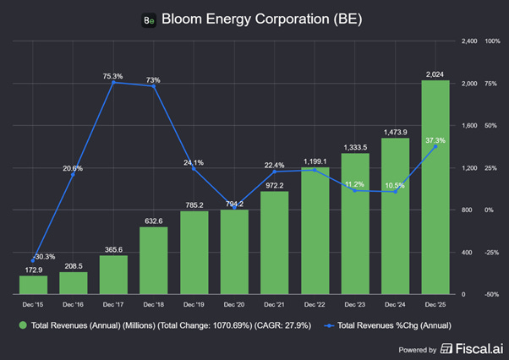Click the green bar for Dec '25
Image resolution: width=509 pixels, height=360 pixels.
tap(435, 187)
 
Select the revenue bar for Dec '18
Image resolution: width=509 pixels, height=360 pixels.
tap(154, 260)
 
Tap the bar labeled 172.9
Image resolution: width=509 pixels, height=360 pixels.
tap(33, 285)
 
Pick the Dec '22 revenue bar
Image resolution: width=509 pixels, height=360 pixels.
tap(315, 231)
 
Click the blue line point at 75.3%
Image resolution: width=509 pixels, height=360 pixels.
tap(113, 82)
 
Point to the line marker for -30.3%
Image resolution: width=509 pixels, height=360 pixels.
tap(33, 261)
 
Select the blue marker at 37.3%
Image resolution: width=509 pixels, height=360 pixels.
tap(435, 146)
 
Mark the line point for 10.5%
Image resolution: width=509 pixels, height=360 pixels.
tap(395, 192)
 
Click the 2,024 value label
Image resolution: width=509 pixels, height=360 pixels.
tap(435, 74)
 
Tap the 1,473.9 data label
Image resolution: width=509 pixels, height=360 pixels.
tap(395, 132)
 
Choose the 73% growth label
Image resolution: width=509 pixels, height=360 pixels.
tap(153, 80)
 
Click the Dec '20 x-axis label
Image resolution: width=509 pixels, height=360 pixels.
tap(234, 304)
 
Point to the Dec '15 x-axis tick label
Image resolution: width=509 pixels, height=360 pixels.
tap(33, 304)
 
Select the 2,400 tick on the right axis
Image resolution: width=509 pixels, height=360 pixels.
tap(469, 41)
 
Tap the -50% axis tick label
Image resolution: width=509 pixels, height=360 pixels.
tap(492, 294)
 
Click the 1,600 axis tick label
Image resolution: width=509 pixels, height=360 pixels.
tap(469, 126)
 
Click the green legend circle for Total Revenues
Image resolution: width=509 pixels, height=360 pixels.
tap(23, 325)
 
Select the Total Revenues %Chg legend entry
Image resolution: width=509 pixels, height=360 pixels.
tap(387, 325)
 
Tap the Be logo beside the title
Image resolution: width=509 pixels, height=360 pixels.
tap(149, 20)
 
